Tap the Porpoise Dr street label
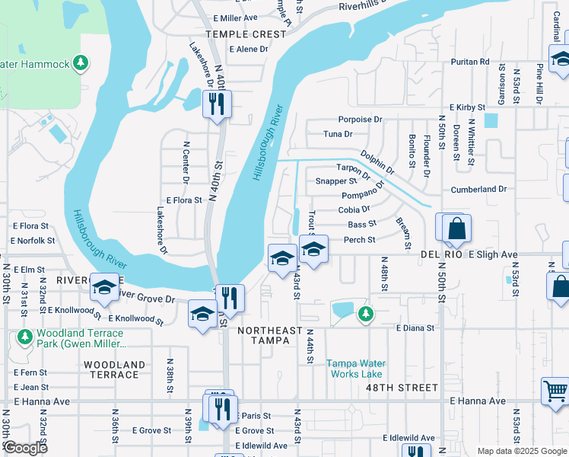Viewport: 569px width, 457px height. click(361, 120)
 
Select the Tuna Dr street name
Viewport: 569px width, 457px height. click(338, 134)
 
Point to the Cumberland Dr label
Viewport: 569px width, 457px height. click(478, 189)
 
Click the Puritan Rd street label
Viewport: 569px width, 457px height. click(469, 62)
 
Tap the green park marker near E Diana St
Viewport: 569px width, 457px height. click(366, 313)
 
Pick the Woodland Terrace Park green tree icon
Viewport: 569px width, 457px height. click(24, 336)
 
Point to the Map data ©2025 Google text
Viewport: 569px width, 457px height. click(521, 451)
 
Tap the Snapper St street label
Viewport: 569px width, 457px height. click(335, 181)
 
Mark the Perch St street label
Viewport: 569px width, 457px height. click(360, 240)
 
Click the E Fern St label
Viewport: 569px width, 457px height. click(30, 372)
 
